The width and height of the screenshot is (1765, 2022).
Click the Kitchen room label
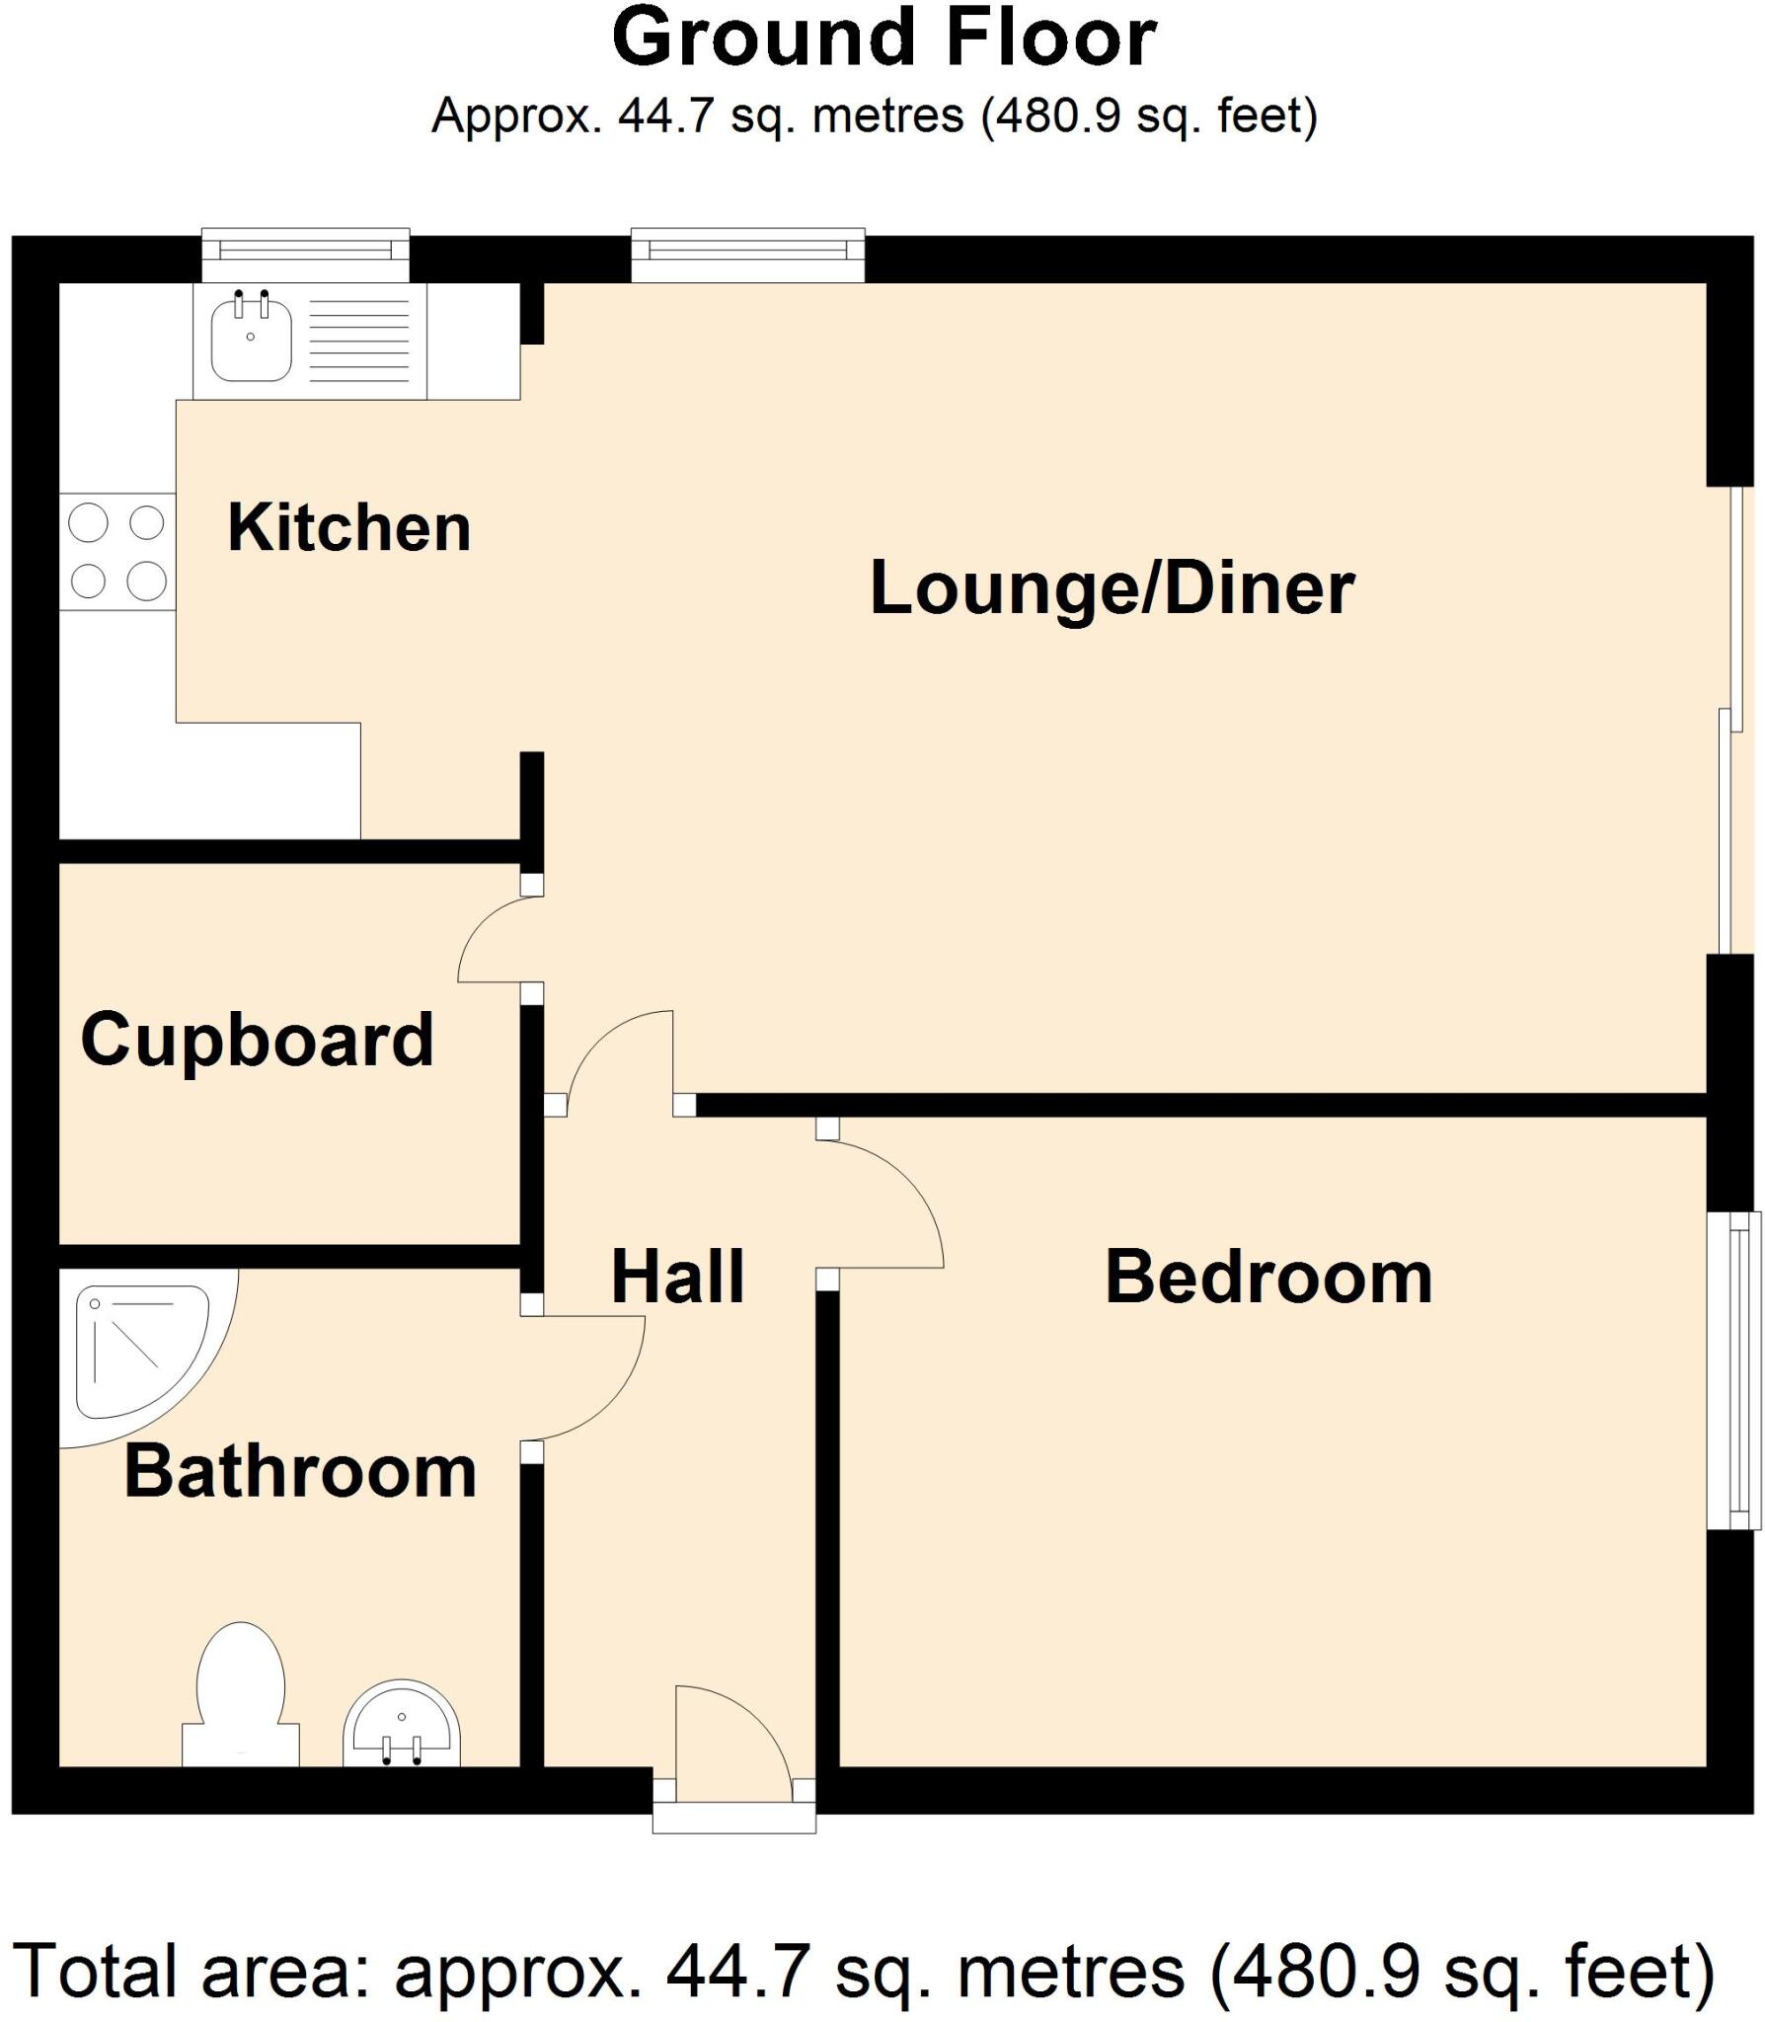(348, 527)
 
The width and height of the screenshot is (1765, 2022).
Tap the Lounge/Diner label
(1112, 588)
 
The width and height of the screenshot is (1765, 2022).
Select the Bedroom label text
(1267, 1277)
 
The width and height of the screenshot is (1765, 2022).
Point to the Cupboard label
(257, 1040)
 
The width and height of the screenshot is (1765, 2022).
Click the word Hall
(677, 1277)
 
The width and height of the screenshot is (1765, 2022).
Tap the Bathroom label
(300, 1471)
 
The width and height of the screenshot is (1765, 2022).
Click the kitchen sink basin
(251, 340)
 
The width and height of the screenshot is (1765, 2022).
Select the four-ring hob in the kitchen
(116, 551)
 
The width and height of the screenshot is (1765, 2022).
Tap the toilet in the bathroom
(241, 1694)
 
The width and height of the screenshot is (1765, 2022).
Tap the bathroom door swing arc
(592, 1382)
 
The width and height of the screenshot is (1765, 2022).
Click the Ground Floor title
(883, 39)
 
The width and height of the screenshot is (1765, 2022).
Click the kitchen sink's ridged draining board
(359, 341)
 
